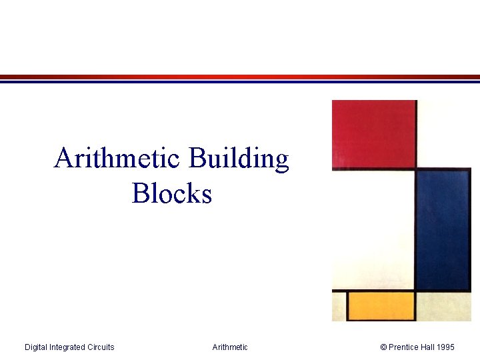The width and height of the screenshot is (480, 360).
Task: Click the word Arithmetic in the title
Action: click(117, 159)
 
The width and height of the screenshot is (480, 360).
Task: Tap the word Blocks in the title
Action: click(172, 193)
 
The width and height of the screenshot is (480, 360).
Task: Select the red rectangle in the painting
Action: click(374, 133)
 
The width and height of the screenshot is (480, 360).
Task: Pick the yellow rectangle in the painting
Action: click(381, 305)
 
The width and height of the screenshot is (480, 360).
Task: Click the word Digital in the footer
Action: click(37, 347)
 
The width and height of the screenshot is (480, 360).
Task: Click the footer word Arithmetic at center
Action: click(230, 347)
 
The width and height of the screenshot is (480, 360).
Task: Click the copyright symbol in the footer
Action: click(383, 347)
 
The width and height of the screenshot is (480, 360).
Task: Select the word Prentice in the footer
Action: click(403, 347)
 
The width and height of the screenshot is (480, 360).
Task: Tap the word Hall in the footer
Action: click(429, 347)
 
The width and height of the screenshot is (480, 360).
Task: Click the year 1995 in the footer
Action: click(447, 347)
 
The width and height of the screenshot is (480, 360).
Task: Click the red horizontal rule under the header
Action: click(240, 77)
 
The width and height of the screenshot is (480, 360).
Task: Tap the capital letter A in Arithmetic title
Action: click(63, 159)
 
